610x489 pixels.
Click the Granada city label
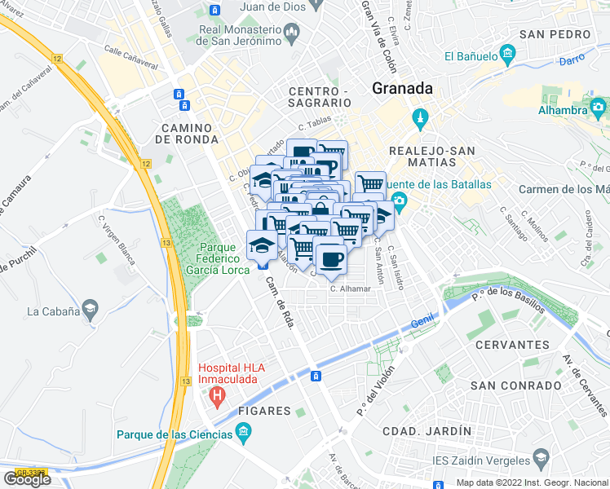click(x=402, y=89)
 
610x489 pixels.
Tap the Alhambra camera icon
click(x=599, y=107)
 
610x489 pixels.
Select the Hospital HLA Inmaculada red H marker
click(x=217, y=399)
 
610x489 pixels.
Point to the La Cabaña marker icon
click(x=90, y=311)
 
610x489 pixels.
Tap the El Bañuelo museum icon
click(x=507, y=56)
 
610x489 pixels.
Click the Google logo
click(x=26, y=479)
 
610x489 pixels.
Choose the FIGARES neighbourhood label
click(x=264, y=411)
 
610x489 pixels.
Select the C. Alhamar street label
click(x=351, y=289)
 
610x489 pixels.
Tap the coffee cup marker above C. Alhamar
click(x=330, y=260)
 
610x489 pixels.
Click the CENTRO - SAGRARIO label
click(x=320, y=97)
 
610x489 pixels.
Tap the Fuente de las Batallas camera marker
click(x=399, y=201)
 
